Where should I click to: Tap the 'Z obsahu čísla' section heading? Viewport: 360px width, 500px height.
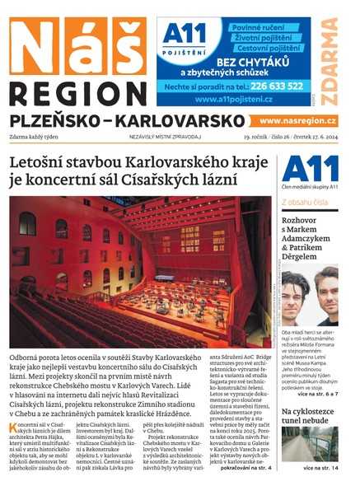point(305,201)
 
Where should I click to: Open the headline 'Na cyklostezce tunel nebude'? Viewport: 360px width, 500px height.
point(310,417)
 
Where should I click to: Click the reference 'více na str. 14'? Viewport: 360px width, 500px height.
point(319,468)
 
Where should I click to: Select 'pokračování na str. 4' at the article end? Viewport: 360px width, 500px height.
point(242,468)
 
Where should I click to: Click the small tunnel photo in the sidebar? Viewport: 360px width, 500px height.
point(309,445)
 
